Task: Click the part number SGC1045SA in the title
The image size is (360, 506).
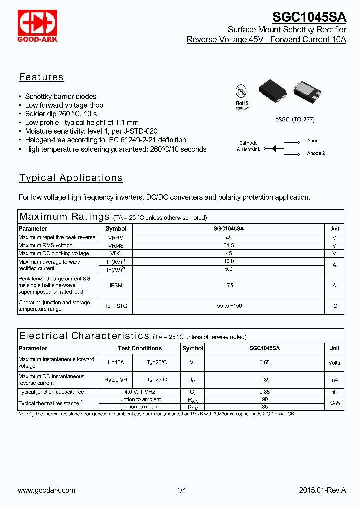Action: (309, 17)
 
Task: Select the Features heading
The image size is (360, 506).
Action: (41, 77)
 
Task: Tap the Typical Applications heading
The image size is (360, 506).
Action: (71, 178)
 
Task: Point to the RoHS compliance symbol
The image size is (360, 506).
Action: (242, 96)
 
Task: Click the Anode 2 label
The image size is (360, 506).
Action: (316, 153)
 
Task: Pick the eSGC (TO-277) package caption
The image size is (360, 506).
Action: (295, 120)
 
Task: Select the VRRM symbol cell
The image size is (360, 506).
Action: (116, 238)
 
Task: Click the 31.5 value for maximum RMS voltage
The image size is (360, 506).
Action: (229, 246)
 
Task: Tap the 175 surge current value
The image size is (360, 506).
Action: (229, 285)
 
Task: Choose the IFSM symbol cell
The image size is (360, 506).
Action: (116, 285)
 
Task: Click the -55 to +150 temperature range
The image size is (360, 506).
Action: (229, 306)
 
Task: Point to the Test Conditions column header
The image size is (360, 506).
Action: (140, 348)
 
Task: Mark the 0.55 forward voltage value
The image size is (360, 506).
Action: (264, 363)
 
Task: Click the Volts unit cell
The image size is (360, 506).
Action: (334, 363)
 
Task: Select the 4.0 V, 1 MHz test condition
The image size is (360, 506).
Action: (140, 392)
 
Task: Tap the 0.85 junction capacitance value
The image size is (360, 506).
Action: (264, 392)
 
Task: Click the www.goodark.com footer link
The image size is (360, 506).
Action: (46, 491)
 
